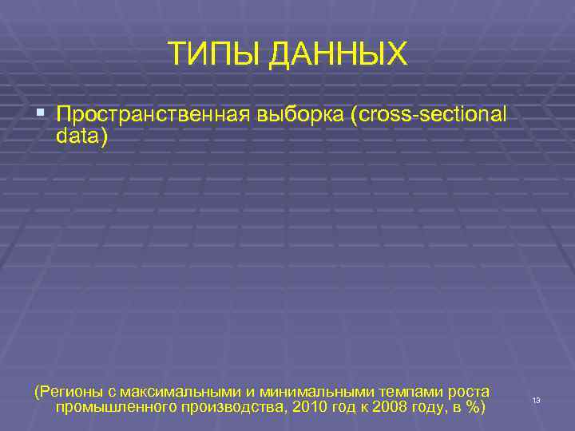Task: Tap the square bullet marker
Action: pos(42,115)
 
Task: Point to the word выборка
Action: pos(300,115)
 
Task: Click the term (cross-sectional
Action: pos(428,115)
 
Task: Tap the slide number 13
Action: pos(536,399)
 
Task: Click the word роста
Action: pos(470,391)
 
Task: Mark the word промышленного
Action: pos(112,408)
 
